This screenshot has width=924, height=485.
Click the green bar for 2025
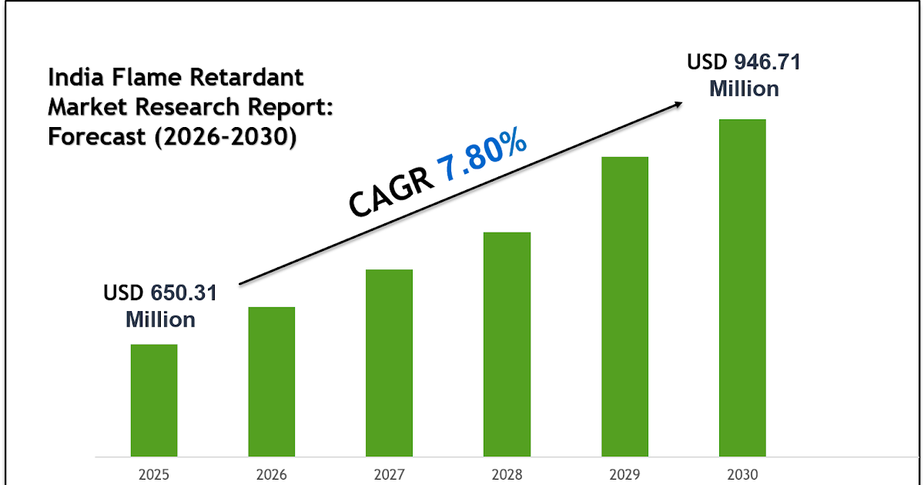tap(154, 400)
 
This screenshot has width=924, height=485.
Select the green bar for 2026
tap(271, 381)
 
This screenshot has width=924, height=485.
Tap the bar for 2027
tap(389, 363)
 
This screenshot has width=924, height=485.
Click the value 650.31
tap(184, 293)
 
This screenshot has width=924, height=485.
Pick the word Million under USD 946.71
tap(744, 89)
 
